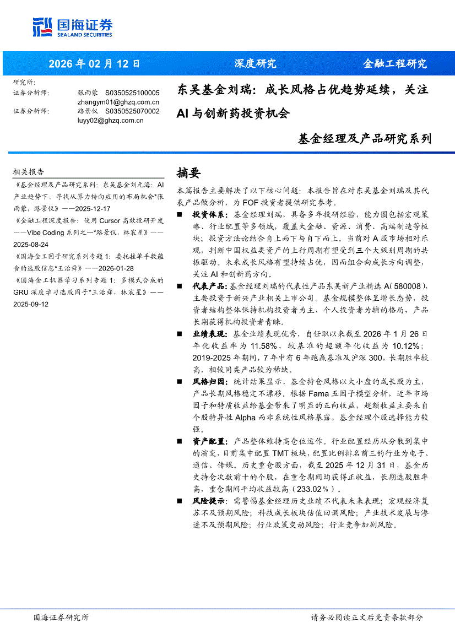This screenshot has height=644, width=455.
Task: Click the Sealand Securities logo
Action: pyautogui.click(x=72, y=27)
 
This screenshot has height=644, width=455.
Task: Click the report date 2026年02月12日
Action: pyautogui.click(x=94, y=63)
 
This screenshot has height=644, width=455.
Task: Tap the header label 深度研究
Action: pyautogui.click(x=255, y=63)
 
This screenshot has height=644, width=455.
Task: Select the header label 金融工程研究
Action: pyautogui.click(x=394, y=63)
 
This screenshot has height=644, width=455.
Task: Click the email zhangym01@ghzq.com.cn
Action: pyautogui.click(x=118, y=102)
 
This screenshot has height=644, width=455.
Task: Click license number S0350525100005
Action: pyautogui.click(x=132, y=93)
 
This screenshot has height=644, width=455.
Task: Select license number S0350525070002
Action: pyautogui.click(x=132, y=111)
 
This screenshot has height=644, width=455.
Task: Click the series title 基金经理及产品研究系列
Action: pyautogui.click(x=364, y=138)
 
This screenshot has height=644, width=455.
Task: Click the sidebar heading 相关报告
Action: pyautogui.click(x=29, y=171)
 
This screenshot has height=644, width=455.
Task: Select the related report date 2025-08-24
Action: pyautogui.click(x=30, y=244)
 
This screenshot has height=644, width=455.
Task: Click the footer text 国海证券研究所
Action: pyautogui.click(x=61, y=618)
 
